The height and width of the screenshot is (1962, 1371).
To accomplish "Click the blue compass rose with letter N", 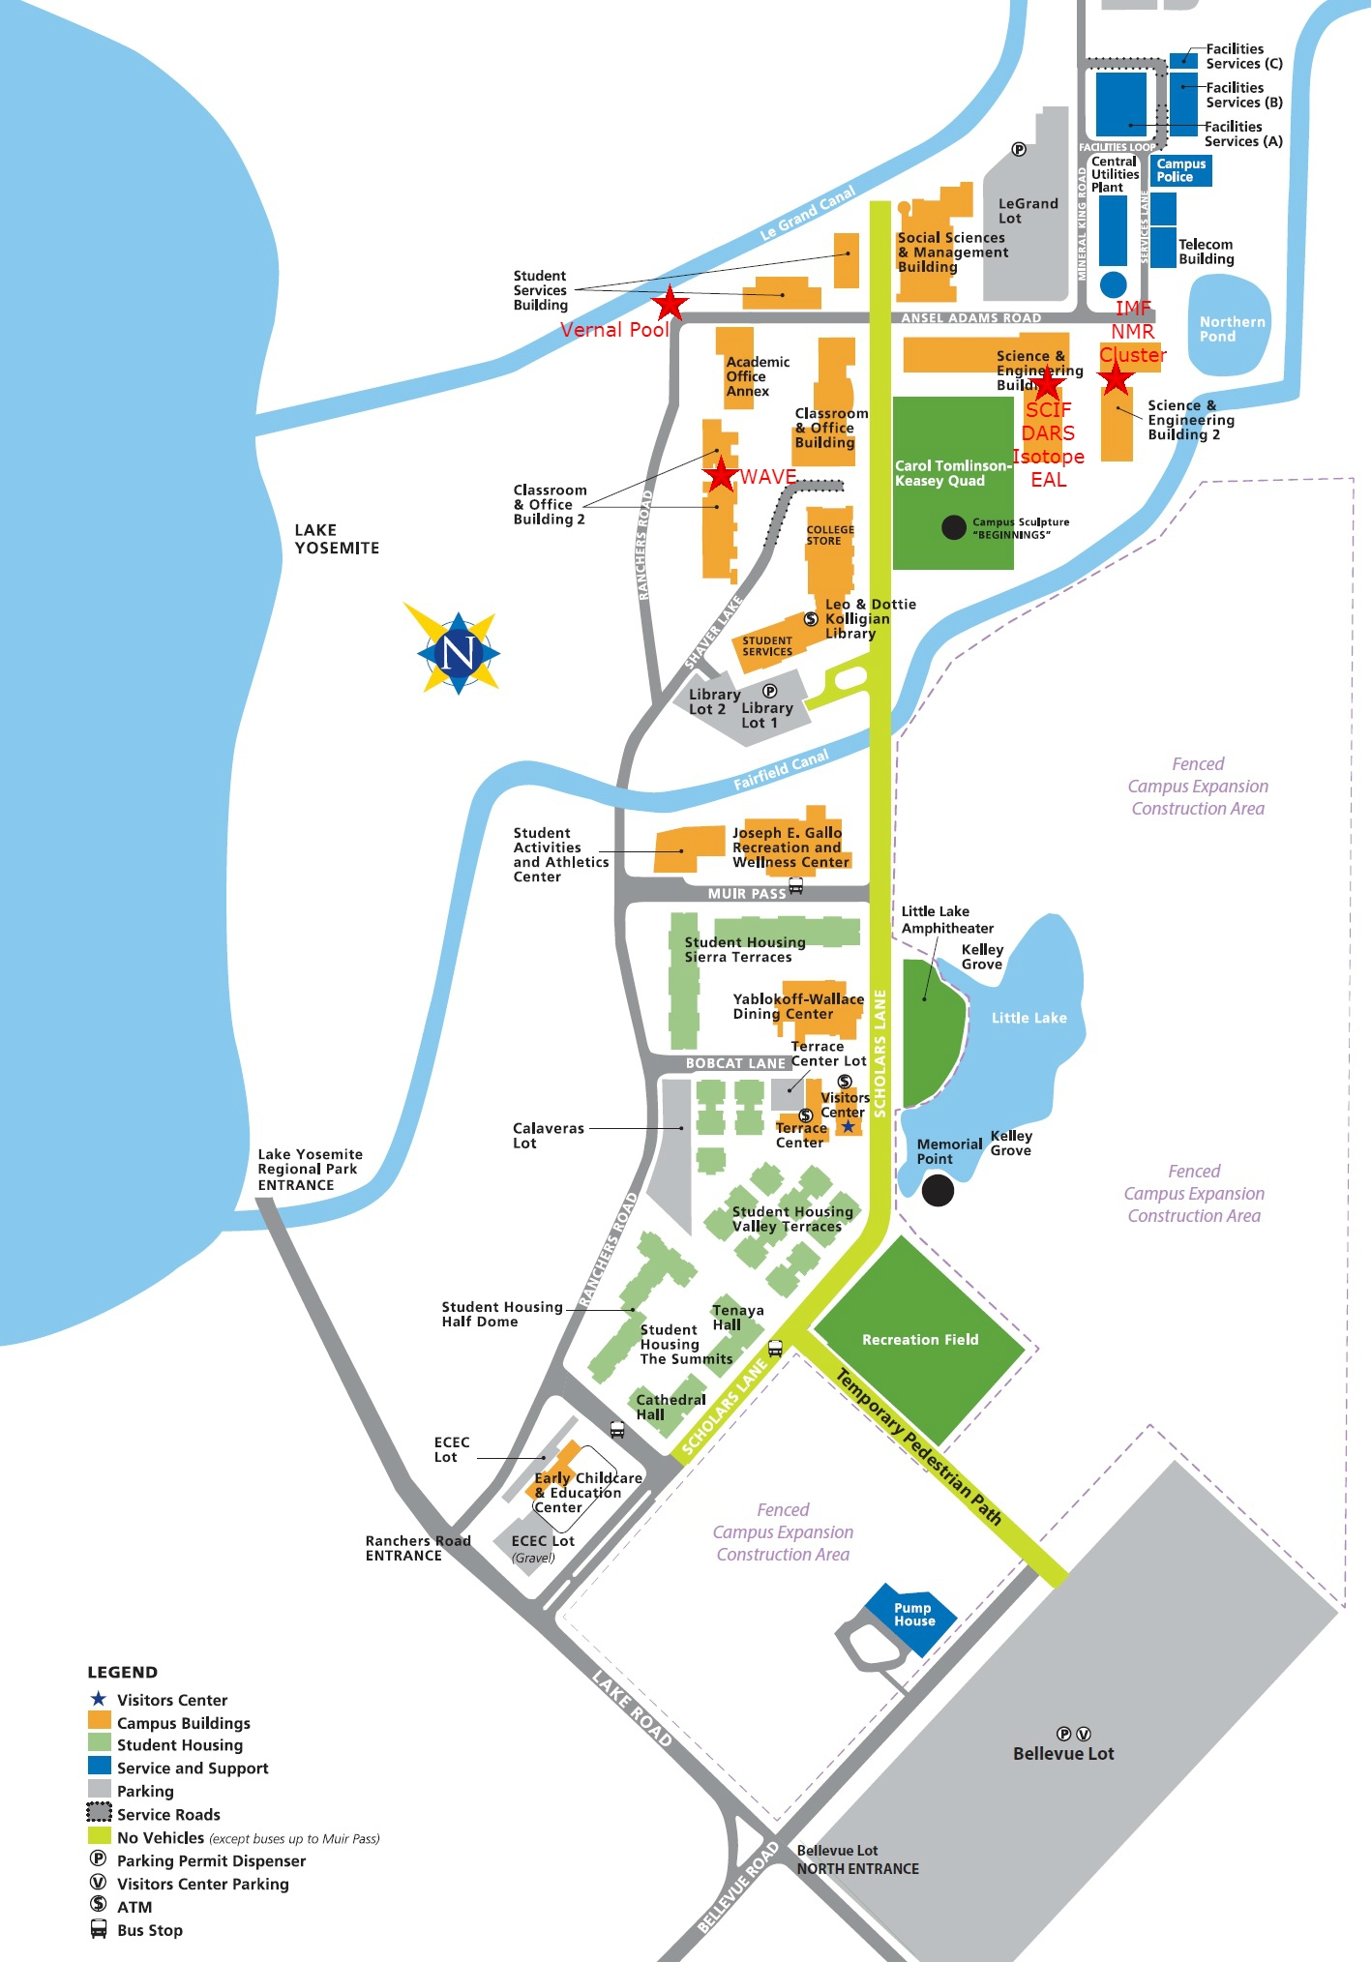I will point(458,652).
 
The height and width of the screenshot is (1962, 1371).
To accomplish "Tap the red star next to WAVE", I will point(721,475).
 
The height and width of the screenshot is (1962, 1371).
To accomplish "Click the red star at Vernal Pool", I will point(670,303).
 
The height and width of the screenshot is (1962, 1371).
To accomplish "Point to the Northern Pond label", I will point(1231,329).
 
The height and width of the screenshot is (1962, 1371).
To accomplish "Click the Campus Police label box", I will point(1181,170).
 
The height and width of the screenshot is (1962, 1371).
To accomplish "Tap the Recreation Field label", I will point(919,1340).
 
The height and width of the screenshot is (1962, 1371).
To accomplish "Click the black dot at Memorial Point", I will point(937,1190).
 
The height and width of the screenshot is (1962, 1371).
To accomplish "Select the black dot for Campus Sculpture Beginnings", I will point(954,527).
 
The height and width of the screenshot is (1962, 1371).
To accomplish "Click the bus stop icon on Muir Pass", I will point(795,885).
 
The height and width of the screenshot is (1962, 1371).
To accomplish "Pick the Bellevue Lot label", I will point(1063,1753).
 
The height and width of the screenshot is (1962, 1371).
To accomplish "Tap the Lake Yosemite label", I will point(336,539).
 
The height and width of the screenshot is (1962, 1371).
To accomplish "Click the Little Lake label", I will point(1028,1018).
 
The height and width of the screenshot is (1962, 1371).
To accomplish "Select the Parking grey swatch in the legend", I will point(99,1790).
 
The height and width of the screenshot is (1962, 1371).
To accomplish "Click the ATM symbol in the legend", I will point(98,1905).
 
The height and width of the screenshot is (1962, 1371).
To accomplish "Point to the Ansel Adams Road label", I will point(970,318).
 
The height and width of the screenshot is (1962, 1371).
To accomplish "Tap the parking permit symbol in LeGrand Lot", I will point(1019,149).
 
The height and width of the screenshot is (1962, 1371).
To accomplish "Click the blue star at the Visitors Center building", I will point(849,1126).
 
